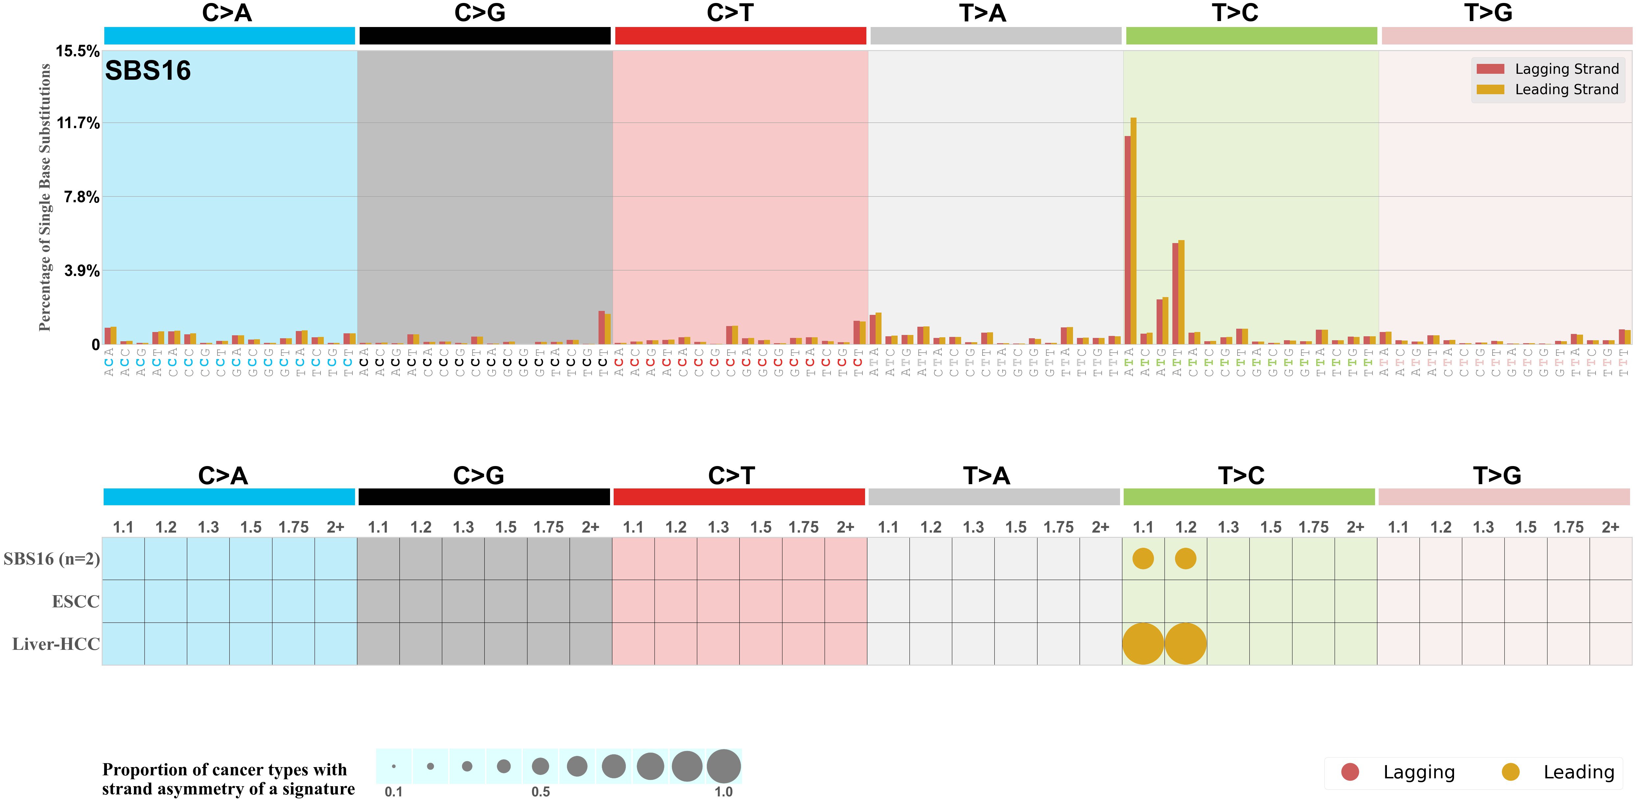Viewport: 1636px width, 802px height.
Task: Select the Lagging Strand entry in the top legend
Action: pyautogui.click(x=1566, y=69)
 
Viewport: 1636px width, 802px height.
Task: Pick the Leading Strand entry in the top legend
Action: pyautogui.click(x=1566, y=90)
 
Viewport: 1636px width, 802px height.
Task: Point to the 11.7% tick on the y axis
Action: pyautogui.click(x=78, y=123)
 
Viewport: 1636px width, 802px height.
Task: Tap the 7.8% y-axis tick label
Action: pyautogui.click(x=81, y=197)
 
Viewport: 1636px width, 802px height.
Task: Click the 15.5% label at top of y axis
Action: pyautogui.click(x=77, y=51)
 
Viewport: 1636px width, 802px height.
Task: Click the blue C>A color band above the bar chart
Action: pyautogui.click(x=229, y=36)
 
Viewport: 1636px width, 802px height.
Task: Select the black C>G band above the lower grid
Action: pyautogui.click(x=484, y=497)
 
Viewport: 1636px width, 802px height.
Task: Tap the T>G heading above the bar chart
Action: pyautogui.click(x=1488, y=13)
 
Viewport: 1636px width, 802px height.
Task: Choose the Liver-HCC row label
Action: pyautogui.click(x=56, y=644)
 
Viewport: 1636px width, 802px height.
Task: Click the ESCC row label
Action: pyautogui.click(x=76, y=601)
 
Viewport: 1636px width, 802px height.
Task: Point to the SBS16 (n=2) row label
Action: pyautogui.click(x=51, y=559)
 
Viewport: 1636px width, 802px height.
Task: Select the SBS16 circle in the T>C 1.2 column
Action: pyautogui.click(x=1185, y=559)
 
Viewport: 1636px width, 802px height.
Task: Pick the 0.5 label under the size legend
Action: pyautogui.click(x=541, y=792)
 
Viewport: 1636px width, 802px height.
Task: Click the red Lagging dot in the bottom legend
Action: pyautogui.click(x=1350, y=772)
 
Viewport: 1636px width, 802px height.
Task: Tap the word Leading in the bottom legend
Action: pyautogui.click(x=1579, y=772)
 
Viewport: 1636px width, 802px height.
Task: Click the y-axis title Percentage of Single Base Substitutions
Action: pyautogui.click(x=44, y=197)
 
